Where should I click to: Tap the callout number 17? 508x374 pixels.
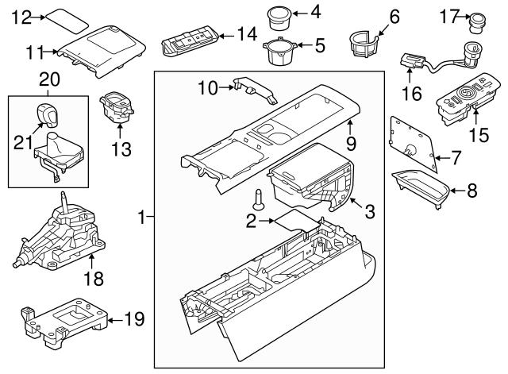click(x=450, y=15)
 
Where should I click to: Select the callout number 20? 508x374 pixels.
click(x=48, y=80)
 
